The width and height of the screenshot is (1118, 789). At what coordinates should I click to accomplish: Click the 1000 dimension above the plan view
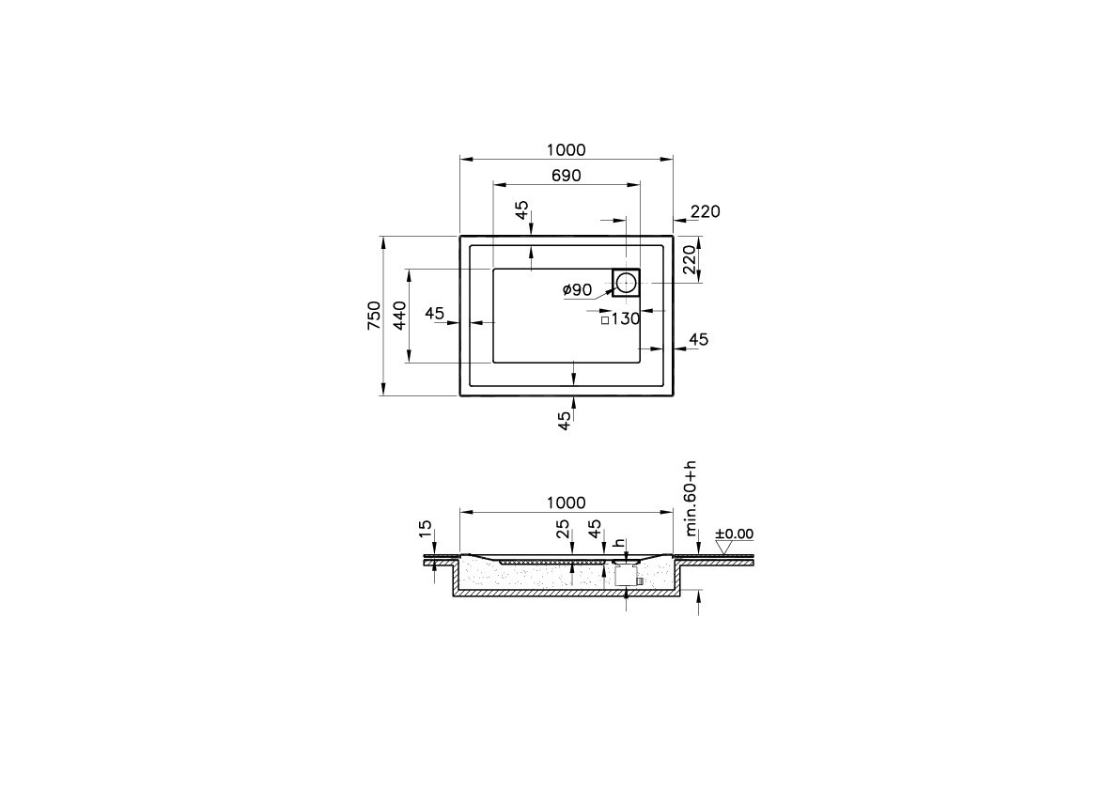(566, 150)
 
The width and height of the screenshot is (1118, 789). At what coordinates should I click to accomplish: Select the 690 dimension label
(567, 176)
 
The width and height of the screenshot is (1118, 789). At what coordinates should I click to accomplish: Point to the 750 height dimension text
(374, 315)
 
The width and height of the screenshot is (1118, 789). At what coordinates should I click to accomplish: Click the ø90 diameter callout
(577, 290)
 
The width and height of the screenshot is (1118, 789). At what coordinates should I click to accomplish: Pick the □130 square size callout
(620, 319)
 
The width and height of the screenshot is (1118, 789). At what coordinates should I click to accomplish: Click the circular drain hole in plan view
(626, 281)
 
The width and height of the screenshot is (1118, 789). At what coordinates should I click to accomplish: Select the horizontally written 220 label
(705, 212)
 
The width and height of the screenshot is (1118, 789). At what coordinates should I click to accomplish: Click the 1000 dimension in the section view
(566, 503)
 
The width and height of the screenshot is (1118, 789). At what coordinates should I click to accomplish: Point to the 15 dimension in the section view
(426, 531)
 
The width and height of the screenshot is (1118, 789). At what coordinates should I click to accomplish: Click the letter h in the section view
(618, 543)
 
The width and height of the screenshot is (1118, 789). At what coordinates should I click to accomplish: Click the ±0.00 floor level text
(734, 534)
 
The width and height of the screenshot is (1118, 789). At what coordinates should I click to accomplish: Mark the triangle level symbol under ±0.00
(722, 546)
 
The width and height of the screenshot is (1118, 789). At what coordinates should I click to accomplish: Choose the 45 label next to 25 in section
(594, 531)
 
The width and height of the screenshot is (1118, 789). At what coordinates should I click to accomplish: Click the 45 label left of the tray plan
(434, 314)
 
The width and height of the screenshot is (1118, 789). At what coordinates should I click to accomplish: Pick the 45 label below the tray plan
(565, 420)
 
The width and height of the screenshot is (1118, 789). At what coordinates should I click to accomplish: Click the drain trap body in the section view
(626, 575)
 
